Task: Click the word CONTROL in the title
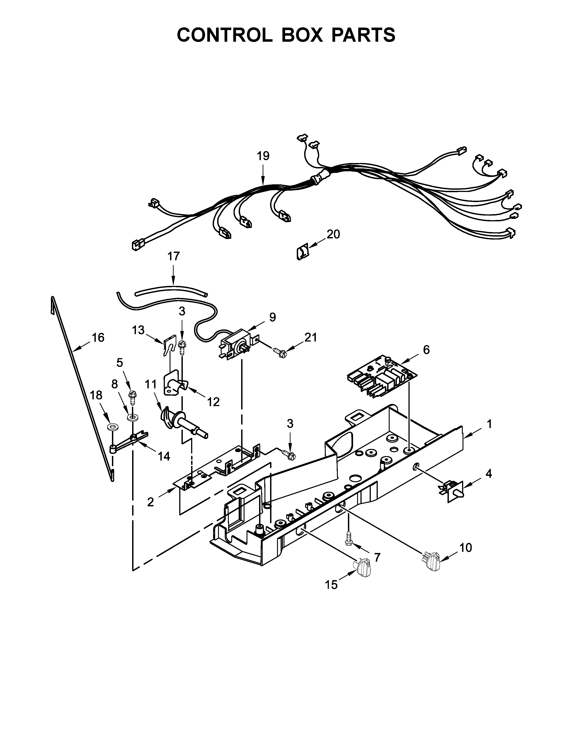225,35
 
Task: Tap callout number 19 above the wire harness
263,156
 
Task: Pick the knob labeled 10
430,560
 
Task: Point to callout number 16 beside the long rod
98,337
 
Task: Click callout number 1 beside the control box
489,424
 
